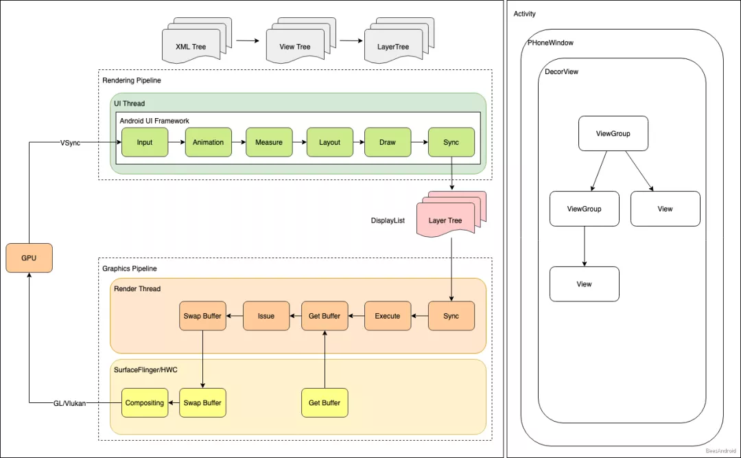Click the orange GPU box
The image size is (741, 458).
coord(29,258)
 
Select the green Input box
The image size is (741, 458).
coord(145,142)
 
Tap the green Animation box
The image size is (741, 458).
coord(208,142)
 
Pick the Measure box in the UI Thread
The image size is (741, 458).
coord(269,142)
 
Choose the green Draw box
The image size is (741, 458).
coord(388,142)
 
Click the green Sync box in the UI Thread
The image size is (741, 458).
coord(451,142)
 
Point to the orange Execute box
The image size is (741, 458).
coord(388,316)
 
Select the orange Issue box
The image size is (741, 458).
coord(266,316)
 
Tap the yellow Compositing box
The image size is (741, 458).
coord(145,402)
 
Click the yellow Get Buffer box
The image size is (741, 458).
coord(325,402)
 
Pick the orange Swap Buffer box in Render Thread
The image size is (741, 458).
coord(202,316)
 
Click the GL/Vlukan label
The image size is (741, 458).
coord(70,403)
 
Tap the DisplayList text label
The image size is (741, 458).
coord(388,221)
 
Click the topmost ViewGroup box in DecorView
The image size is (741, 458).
coord(613,134)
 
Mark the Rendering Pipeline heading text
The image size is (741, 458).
coord(132,80)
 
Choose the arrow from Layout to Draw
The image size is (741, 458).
coord(358,142)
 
